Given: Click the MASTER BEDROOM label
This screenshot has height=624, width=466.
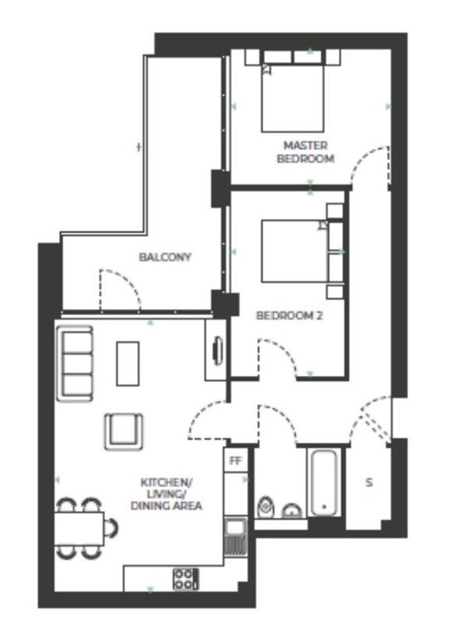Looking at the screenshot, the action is (305, 152).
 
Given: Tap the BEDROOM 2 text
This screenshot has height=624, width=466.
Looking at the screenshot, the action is (289, 316).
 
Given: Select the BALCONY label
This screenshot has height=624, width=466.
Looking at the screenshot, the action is (165, 257).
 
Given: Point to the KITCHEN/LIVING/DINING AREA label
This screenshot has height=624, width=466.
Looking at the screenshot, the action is (166, 494).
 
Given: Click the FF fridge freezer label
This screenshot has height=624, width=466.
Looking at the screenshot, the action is (235, 461).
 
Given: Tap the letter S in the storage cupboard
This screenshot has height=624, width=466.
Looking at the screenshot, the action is (369, 482).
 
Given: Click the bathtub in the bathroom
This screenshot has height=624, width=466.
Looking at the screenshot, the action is (324, 482).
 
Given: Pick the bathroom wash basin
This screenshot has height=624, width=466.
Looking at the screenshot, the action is (292, 511).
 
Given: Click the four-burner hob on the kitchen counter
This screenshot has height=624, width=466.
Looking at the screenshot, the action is (185, 579).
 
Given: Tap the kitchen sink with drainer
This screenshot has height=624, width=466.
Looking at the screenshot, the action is (235, 536).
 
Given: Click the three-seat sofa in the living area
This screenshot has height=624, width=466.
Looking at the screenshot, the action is (75, 363).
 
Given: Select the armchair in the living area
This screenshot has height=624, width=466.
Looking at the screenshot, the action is (124, 432).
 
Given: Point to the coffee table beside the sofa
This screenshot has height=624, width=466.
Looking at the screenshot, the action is (128, 363).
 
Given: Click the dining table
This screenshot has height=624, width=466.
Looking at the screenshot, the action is (79, 529).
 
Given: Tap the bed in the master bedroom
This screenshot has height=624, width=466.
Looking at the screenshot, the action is (292, 97).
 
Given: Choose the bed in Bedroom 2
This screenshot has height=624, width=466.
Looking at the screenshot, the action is (295, 251).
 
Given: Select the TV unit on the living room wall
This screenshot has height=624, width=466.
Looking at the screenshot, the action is (217, 350).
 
